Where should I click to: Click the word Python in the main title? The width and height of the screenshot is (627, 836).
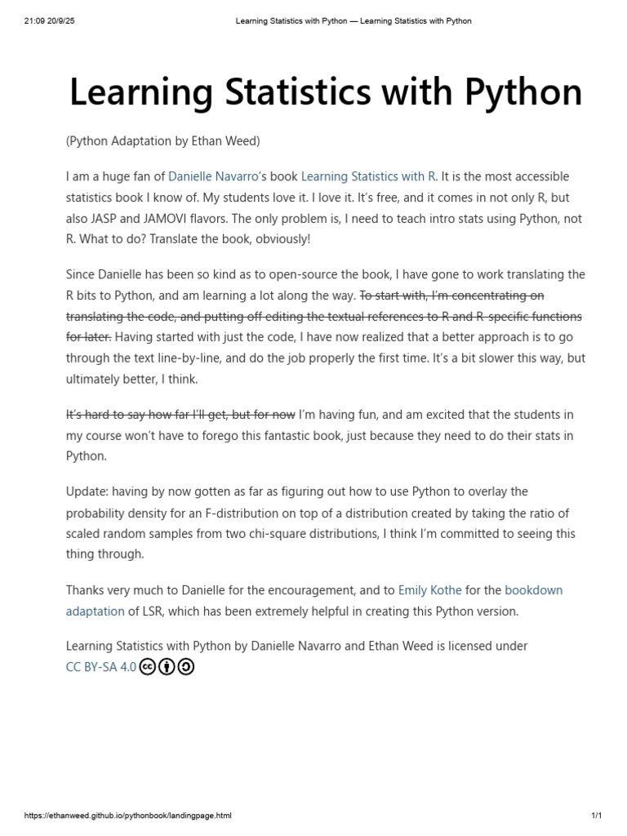(x=523, y=92)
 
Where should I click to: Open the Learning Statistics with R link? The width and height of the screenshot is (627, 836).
(x=369, y=176)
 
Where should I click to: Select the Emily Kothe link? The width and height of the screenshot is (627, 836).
(x=429, y=589)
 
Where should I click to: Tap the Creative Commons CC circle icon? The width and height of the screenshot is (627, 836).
(x=148, y=667)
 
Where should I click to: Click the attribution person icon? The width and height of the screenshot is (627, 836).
(x=167, y=667)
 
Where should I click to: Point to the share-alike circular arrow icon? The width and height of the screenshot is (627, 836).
(x=185, y=667)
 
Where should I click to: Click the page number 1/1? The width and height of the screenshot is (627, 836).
(x=596, y=815)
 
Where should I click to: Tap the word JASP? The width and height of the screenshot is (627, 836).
(x=108, y=219)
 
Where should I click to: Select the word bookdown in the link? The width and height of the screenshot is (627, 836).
(x=534, y=589)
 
